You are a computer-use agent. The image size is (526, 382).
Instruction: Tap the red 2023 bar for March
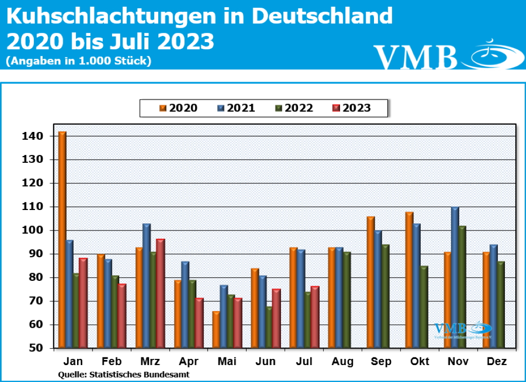(160, 293)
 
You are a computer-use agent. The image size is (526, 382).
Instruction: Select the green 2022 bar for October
(424, 307)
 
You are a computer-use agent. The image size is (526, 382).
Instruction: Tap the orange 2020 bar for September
(371, 282)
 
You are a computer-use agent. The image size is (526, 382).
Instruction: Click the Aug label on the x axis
(343, 361)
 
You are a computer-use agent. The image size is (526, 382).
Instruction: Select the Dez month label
(497, 361)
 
